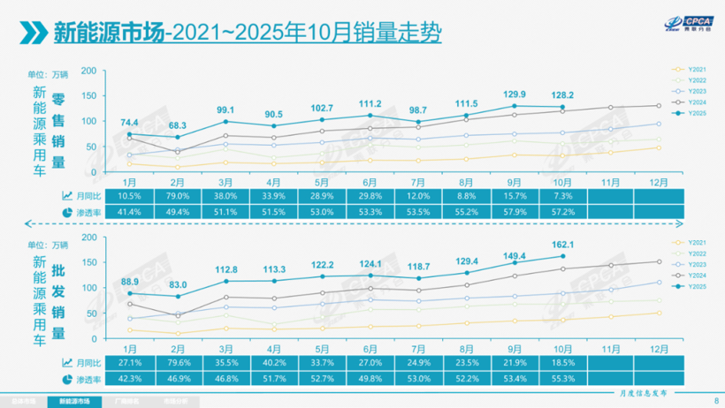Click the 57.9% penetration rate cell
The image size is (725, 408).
(x=514, y=212)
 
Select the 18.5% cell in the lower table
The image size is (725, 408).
(x=561, y=362)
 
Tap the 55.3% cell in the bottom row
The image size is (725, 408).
(x=561, y=379)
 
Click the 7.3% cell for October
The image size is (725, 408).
(x=561, y=195)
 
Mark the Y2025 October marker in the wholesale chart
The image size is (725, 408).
(x=562, y=256)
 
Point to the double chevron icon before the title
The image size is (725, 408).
(x=33, y=33)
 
